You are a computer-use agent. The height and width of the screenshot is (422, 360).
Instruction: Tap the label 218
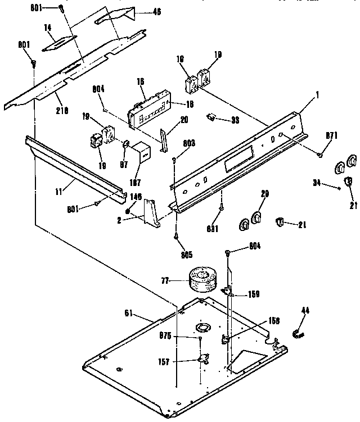[62, 111]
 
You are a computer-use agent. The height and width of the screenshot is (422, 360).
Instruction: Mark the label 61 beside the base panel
[129, 314]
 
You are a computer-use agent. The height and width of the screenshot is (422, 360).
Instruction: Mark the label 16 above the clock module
[141, 81]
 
